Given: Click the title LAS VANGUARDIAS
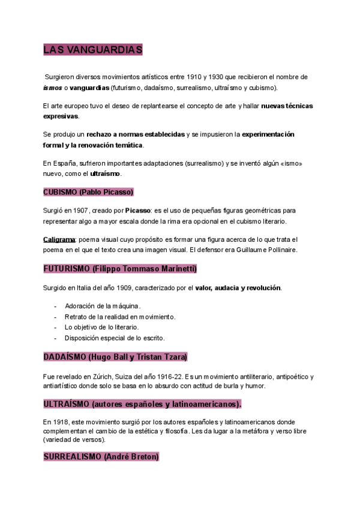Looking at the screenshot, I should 92,50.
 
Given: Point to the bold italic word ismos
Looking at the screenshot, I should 52,88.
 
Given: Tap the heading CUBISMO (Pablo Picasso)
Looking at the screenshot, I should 88,192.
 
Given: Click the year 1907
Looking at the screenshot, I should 81,211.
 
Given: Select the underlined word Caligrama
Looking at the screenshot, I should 58,239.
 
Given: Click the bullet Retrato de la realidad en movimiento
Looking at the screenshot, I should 120,316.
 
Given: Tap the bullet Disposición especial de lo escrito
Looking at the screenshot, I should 115,338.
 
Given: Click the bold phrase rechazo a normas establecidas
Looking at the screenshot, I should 135,134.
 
